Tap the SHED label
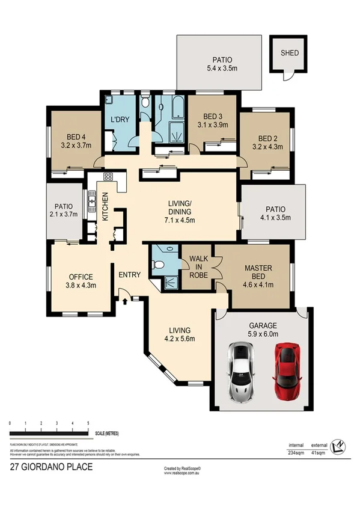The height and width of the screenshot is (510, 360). coord(289,53)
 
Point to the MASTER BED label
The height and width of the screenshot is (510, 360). coord(258,272)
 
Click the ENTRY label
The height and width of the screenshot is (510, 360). coord(129,275)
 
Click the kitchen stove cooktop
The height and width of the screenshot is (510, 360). coord(109,177)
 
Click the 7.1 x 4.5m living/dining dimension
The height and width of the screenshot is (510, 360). coord(179,220)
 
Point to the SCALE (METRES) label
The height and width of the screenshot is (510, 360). coord(109,433)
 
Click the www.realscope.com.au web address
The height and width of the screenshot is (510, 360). coord(183,473)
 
